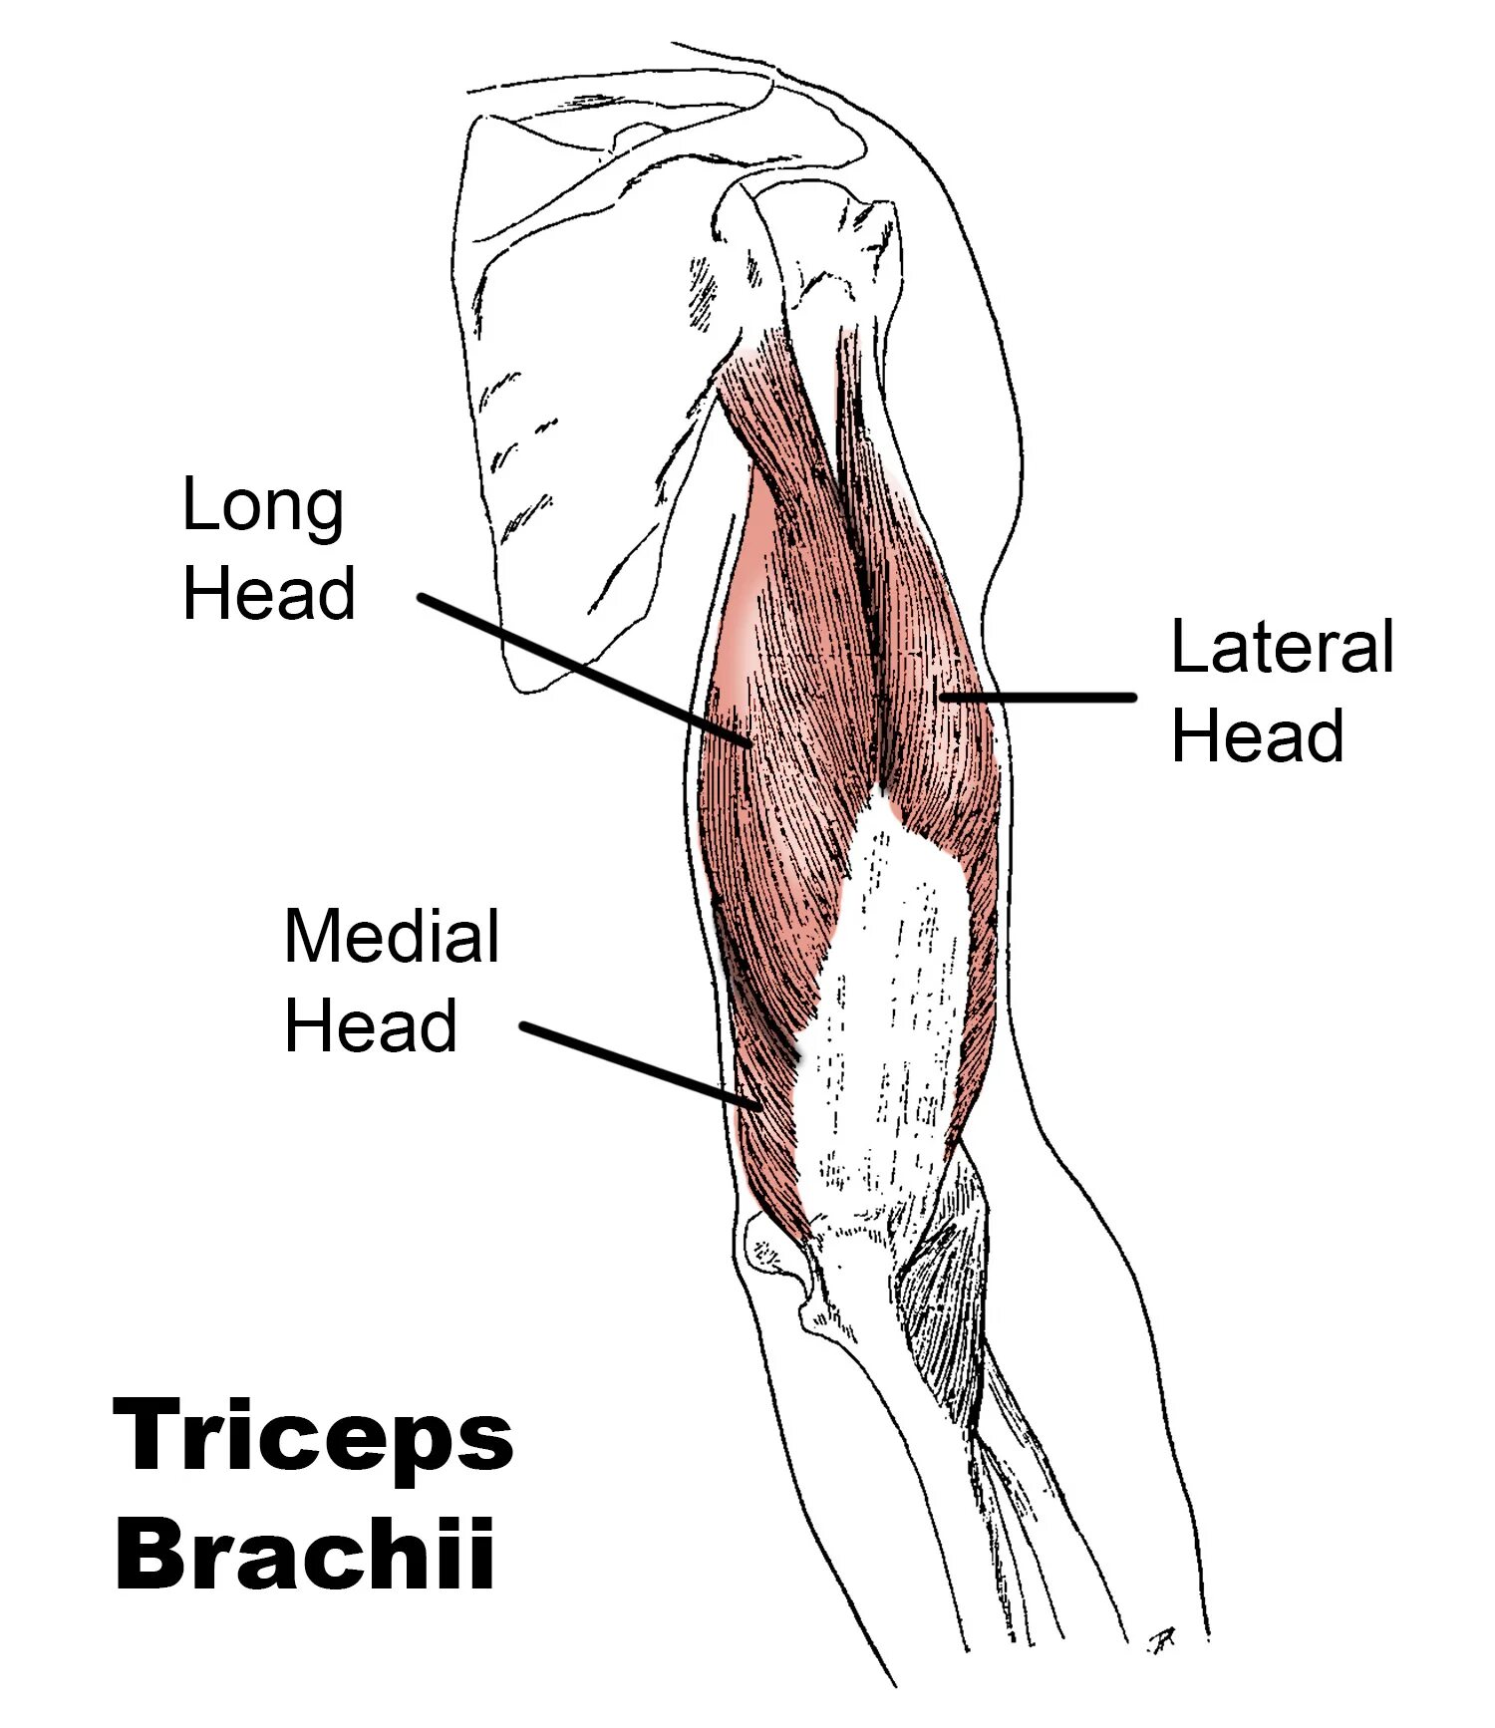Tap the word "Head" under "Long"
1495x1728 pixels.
pos(269,594)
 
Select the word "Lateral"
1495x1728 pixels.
pos(1282,648)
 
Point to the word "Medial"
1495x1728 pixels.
pos(392,937)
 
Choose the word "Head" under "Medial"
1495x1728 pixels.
pos(371,1025)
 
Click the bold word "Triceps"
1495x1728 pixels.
pos(314,1436)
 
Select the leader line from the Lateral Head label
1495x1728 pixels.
pos(1037,698)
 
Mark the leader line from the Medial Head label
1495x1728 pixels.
pos(638,1064)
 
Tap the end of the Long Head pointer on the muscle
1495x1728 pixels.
pos(747,742)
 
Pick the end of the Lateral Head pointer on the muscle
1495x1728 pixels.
pos(942,698)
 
